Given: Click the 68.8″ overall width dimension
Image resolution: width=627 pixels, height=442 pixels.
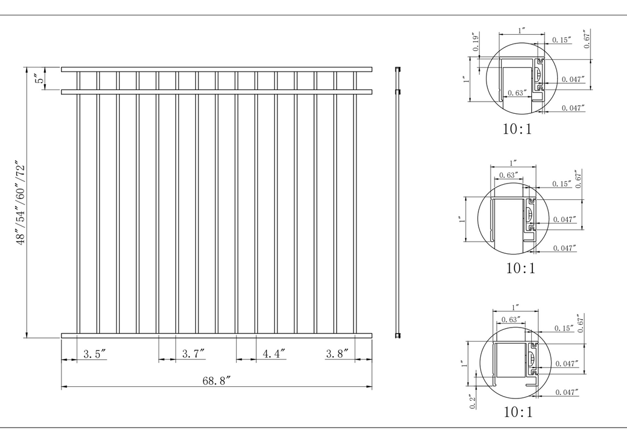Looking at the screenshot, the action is click(217, 381).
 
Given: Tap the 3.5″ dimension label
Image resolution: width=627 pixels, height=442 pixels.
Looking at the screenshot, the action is click(95, 354).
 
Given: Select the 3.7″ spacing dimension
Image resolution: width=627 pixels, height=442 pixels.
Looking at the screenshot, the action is click(193, 354).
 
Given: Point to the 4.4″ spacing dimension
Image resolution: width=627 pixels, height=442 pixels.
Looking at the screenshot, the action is click(274, 354).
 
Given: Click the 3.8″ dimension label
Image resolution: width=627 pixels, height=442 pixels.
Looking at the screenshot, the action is click(337, 354).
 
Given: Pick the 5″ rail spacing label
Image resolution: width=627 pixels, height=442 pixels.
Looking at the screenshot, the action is click(40, 78).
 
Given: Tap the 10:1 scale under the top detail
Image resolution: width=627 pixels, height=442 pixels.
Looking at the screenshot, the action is click(517, 129).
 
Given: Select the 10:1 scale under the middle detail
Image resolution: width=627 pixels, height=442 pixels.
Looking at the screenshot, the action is click(521, 268).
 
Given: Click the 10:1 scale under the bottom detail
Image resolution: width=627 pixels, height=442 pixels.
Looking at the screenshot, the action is click(518, 412).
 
